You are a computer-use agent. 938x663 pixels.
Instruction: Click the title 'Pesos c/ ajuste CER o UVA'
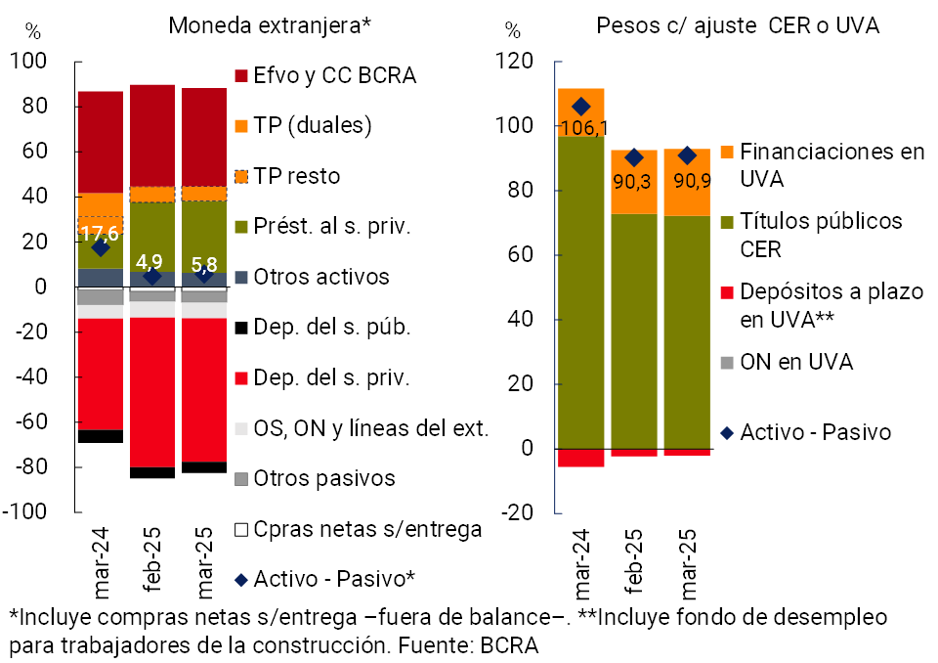coord(738,25)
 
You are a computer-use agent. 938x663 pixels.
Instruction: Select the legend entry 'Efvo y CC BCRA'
coord(333,75)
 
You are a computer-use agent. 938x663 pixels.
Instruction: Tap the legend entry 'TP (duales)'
coord(312,125)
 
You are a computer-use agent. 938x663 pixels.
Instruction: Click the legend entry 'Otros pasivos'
coord(323,478)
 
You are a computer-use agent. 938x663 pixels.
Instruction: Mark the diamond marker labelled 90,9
coord(687,155)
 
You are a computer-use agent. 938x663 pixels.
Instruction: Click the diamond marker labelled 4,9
coord(151,277)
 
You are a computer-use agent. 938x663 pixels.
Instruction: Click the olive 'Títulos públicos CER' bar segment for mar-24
coord(580,293)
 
